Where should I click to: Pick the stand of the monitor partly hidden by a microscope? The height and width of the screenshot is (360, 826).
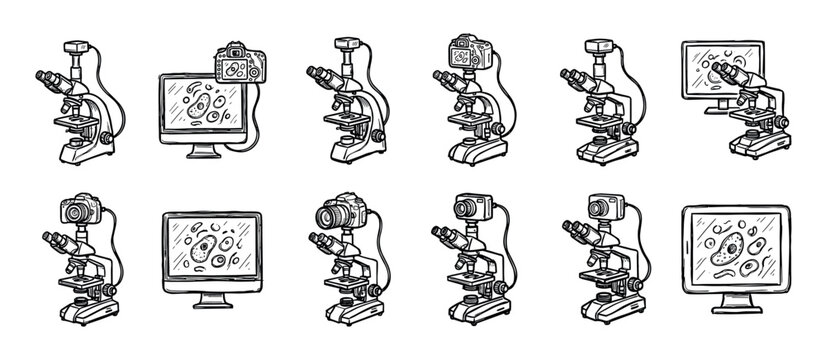point(712,106)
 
